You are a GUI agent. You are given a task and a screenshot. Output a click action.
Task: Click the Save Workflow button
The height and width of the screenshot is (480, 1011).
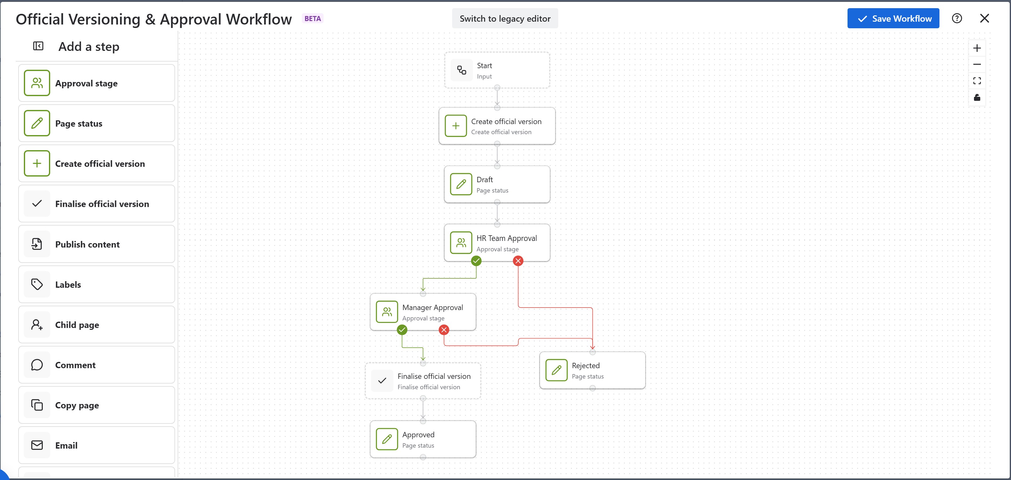tap(893, 19)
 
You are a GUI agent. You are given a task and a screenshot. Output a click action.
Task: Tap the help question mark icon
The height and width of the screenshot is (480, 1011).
tap(957, 19)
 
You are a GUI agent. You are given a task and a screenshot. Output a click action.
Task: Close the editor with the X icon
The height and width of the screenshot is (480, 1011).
tap(984, 19)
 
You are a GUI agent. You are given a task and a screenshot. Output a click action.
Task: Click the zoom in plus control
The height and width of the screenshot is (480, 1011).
tap(977, 48)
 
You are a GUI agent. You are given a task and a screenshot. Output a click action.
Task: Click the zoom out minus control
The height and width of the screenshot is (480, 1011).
tap(977, 64)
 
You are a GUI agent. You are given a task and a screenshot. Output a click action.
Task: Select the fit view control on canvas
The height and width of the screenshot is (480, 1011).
tap(977, 81)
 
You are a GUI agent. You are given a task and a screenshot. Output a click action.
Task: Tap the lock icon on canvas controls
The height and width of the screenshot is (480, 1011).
tap(977, 97)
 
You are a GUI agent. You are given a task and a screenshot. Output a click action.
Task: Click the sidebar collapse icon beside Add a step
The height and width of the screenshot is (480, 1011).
tap(38, 46)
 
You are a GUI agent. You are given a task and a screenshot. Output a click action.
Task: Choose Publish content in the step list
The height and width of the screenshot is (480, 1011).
tap(97, 244)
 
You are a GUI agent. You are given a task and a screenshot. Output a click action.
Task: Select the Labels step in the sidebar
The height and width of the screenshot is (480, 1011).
tap(97, 284)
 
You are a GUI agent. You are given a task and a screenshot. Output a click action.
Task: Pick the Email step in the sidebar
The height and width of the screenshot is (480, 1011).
tap(97, 445)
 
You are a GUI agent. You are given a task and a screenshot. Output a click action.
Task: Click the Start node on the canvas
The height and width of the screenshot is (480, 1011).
tap(497, 70)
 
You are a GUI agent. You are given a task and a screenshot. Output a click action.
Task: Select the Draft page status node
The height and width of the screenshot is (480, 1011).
tap(497, 184)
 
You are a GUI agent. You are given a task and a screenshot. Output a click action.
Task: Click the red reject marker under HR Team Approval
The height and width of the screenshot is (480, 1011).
tap(518, 261)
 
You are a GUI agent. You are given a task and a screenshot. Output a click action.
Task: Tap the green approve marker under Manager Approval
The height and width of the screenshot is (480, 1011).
tap(402, 330)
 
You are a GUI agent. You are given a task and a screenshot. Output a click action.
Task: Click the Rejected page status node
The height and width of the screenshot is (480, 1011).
tap(592, 370)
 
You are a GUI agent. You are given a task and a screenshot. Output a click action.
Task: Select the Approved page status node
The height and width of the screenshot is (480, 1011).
tap(423, 439)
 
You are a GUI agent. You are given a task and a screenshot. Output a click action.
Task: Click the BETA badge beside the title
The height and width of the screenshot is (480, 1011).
tap(313, 19)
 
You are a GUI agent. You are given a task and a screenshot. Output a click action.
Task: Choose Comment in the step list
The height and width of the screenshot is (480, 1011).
tap(97, 365)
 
